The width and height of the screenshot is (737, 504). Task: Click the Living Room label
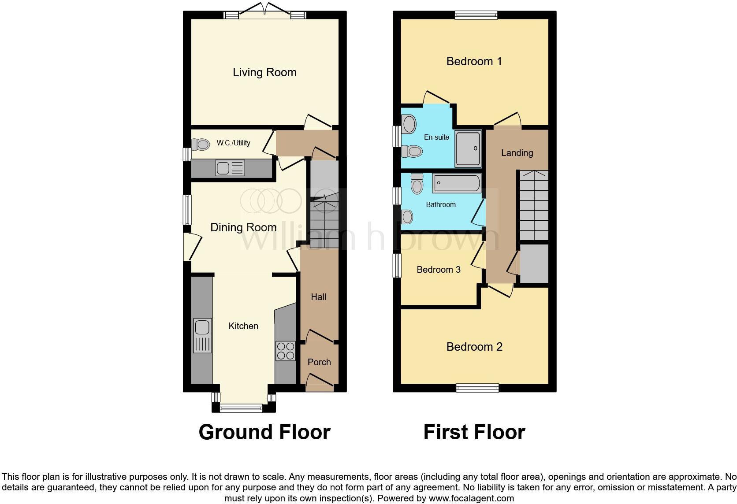(x=264, y=72)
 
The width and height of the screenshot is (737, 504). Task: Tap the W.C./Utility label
(x=233, y=143)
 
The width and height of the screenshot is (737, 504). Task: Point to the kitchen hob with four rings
(x=285, y=351)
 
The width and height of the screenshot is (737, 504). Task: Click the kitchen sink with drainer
(x=202, y=335)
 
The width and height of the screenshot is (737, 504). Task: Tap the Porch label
(x=319, y=362)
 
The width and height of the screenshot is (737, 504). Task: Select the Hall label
(x=319, y=297)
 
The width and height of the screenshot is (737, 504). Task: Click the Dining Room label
(x=243, y=227)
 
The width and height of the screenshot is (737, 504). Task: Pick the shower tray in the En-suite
(x=468, y=149)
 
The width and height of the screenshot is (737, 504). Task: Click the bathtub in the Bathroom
(x=457, y=183)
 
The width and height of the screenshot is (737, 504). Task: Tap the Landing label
(x=517, y=153)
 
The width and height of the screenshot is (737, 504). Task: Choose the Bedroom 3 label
(x=439, y=270)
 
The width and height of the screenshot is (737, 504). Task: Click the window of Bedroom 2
(x=477, y=388)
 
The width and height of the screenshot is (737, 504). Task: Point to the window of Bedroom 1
(x=476, y=15)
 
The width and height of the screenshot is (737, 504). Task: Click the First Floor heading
(x=474, y=432)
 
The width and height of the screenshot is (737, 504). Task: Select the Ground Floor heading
(x=264, y=432)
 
